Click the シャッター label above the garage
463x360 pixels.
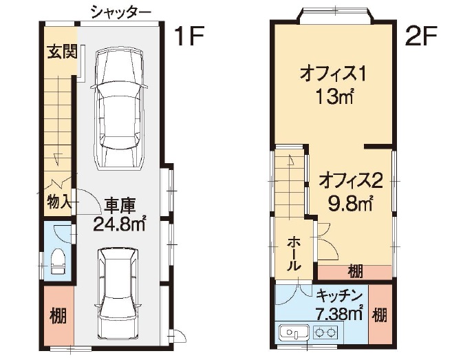(121, 12)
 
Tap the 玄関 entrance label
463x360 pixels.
(63, 52)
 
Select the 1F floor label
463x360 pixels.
(190, 36)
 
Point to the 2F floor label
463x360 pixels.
(421, 36)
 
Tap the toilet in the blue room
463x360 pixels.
(58, 260)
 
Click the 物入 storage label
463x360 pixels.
(58, 202)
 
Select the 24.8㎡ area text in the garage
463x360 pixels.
(119, 224)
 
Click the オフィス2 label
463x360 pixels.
(351, 180)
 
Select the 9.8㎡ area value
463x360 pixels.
(350, 203)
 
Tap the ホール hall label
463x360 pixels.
(294, 253)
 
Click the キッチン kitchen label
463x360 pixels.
(339, 296)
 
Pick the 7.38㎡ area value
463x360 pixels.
(339, 314)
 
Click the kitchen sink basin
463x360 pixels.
(294, 333)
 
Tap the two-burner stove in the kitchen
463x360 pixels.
(325, 333)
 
